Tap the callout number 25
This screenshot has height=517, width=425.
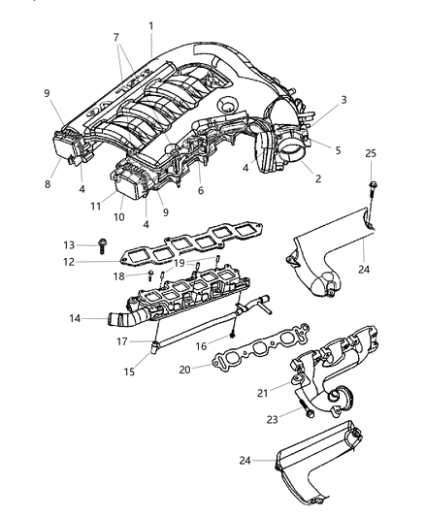pos(371,154)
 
